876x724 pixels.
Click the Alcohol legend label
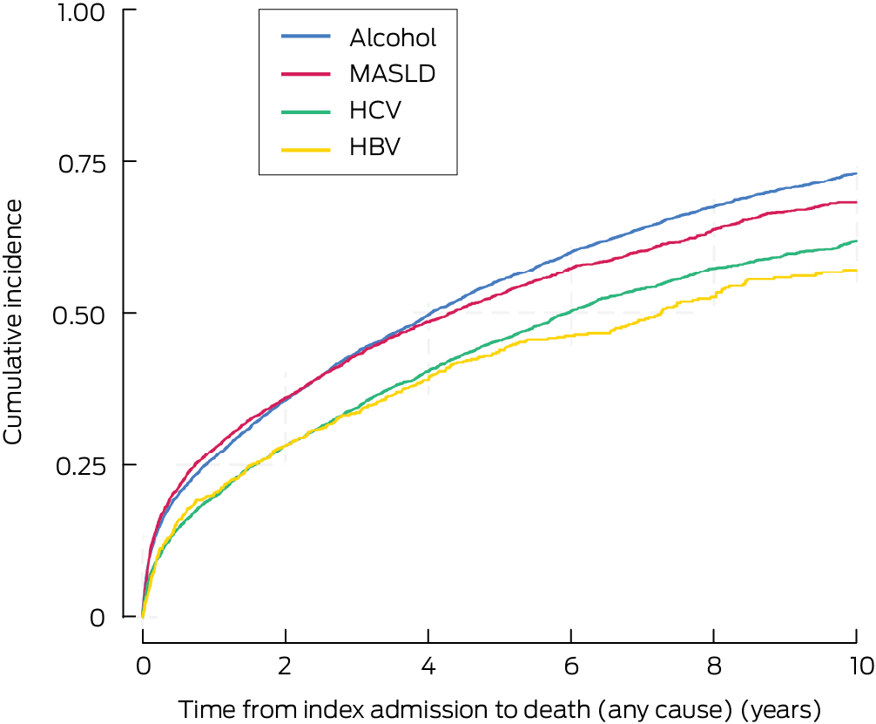392,37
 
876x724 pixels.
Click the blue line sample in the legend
306,37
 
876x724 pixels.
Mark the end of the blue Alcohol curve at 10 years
856,174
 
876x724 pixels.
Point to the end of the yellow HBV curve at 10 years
856,271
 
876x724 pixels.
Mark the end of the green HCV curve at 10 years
856,241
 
